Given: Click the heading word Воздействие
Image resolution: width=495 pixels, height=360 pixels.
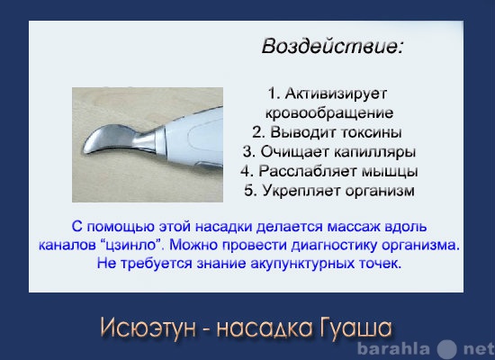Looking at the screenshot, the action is [x=333, y=47].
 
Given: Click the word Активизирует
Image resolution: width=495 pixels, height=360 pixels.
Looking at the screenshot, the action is [x=336, y=94].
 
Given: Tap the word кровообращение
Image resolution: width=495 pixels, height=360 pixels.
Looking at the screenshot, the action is [x=329, y=112].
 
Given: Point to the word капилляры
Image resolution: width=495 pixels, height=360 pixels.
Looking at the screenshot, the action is [x=374, y=152].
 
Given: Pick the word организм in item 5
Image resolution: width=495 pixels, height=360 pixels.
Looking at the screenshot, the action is [x=380, y=191].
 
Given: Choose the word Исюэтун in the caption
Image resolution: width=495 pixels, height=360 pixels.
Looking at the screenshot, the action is [x=148, y=328].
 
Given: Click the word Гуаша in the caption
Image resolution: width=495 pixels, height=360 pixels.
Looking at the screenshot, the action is [x=355, y=328].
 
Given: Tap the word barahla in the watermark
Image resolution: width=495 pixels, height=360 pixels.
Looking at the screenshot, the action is [x=393, y=349].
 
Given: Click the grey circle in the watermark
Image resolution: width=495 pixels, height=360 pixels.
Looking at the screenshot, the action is [x=447, y=349].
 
